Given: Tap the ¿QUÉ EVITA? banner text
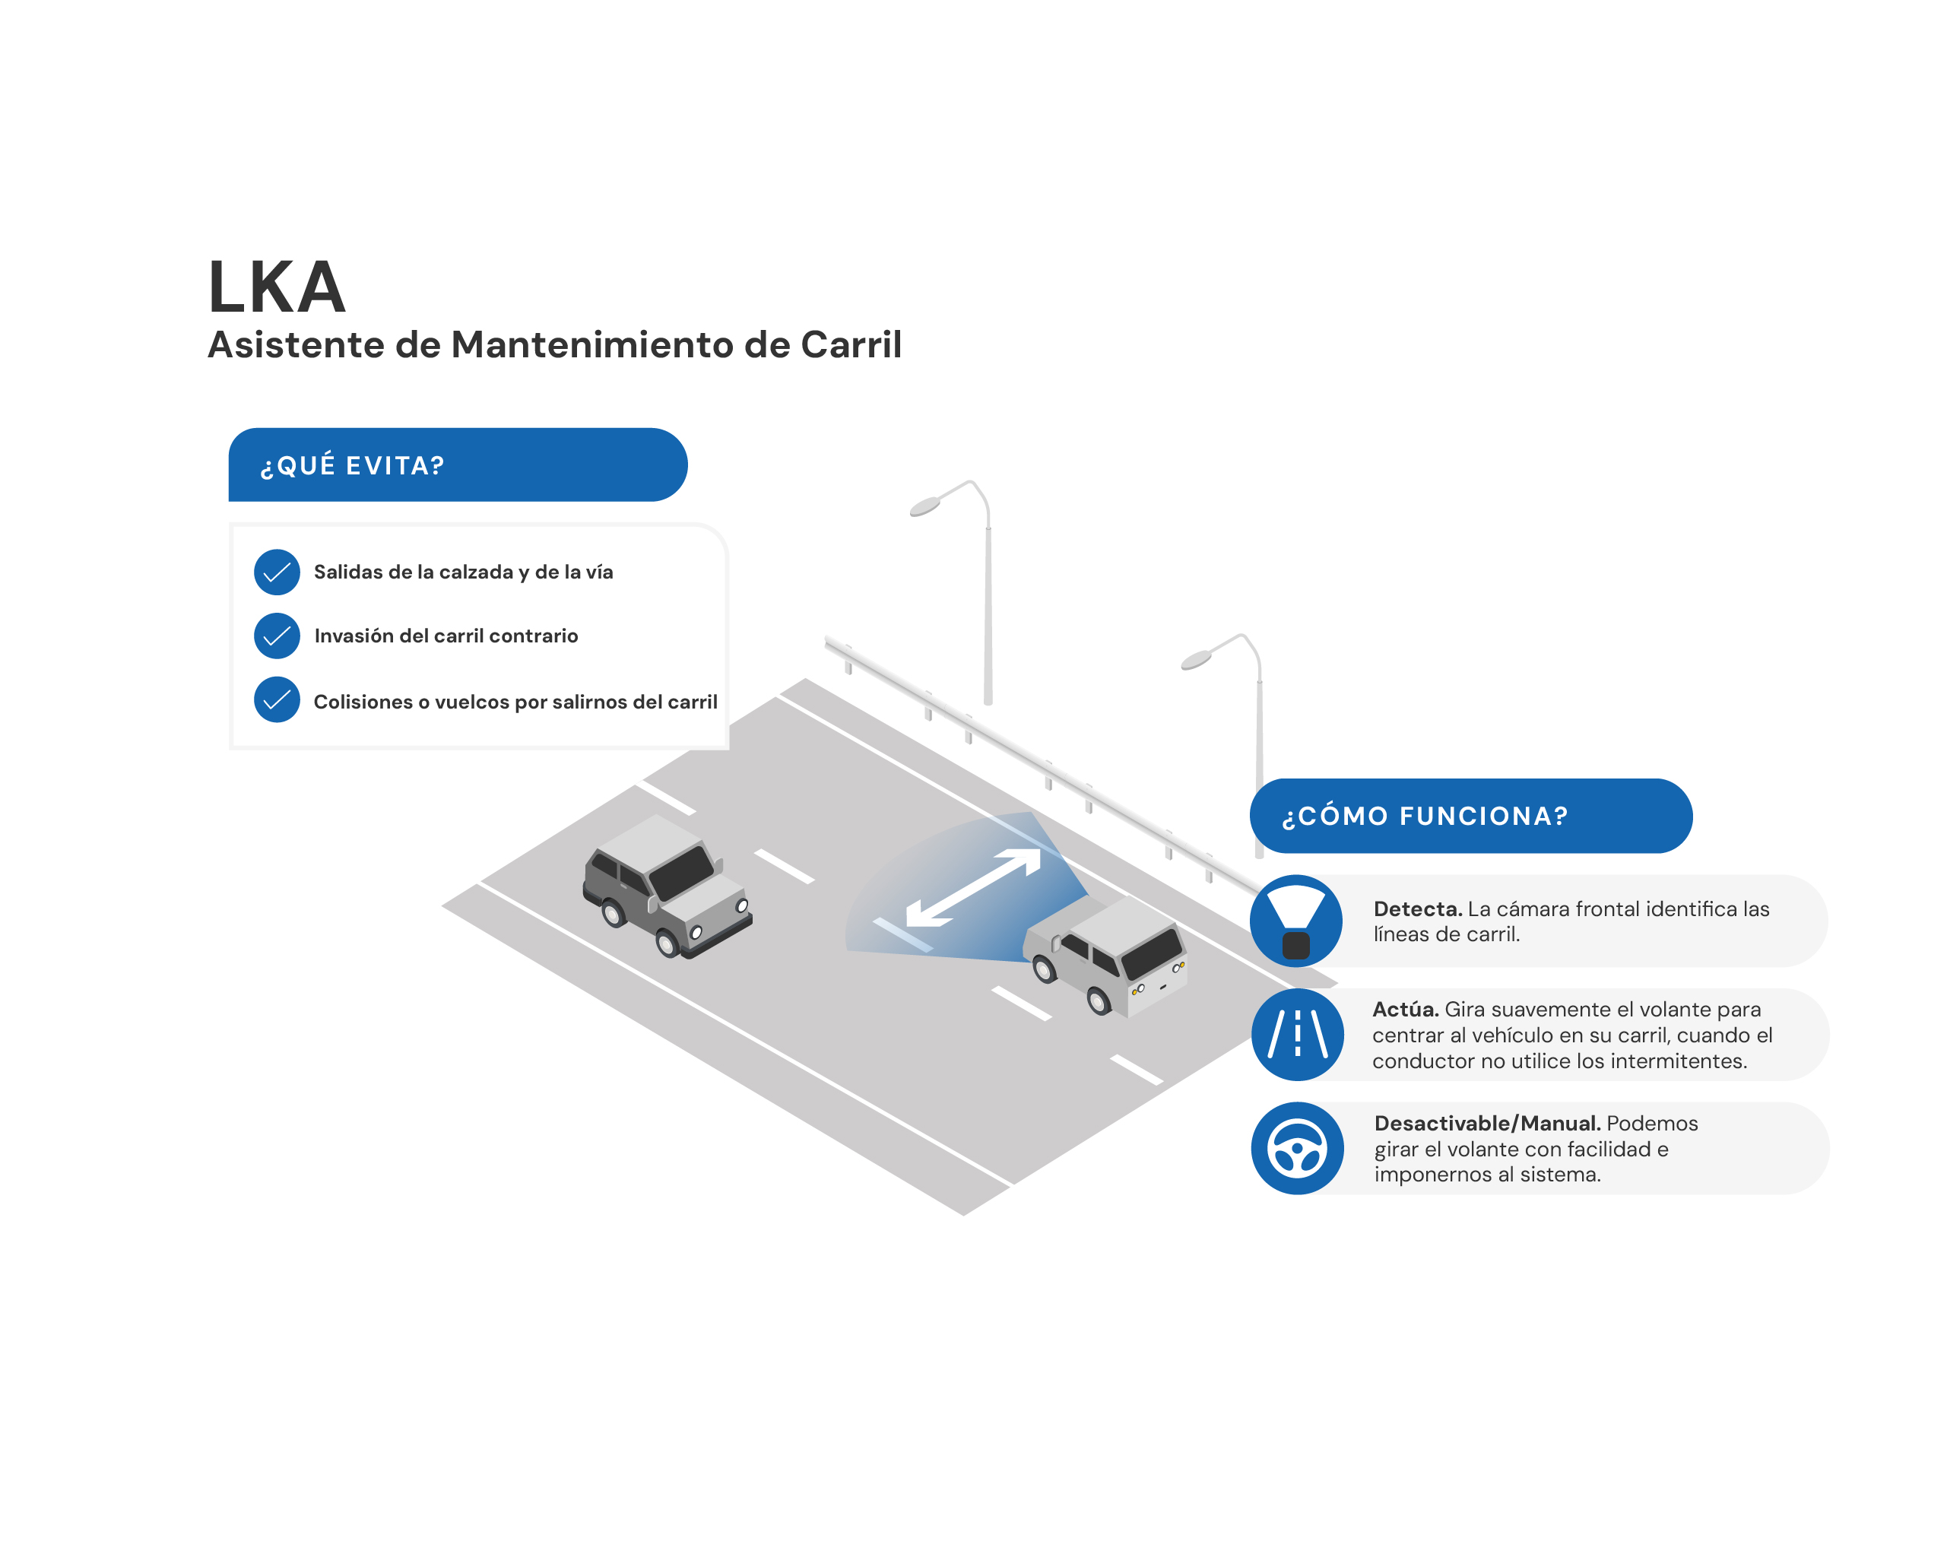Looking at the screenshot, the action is [352, 465].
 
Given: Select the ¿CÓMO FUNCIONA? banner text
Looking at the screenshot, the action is [1425, 816].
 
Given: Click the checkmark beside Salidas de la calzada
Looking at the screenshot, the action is [277, 572].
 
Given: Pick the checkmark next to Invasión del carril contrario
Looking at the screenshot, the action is [277, 636].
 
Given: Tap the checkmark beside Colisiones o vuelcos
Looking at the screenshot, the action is [277, 700].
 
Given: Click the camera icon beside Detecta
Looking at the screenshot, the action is [1297, 921].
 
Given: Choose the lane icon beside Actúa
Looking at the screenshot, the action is [1298, 1034].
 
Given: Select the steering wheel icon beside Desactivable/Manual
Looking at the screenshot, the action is [1298, 1148].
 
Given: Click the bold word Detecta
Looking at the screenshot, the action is [1418, 909].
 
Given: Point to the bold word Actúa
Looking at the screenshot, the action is [1405, 1009].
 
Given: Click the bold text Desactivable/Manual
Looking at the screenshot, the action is [1487, 1123].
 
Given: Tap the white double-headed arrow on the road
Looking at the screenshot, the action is [973, 888].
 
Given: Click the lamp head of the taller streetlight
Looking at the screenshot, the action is [924, 506].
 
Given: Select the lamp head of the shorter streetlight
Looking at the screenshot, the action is [1196, 660].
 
